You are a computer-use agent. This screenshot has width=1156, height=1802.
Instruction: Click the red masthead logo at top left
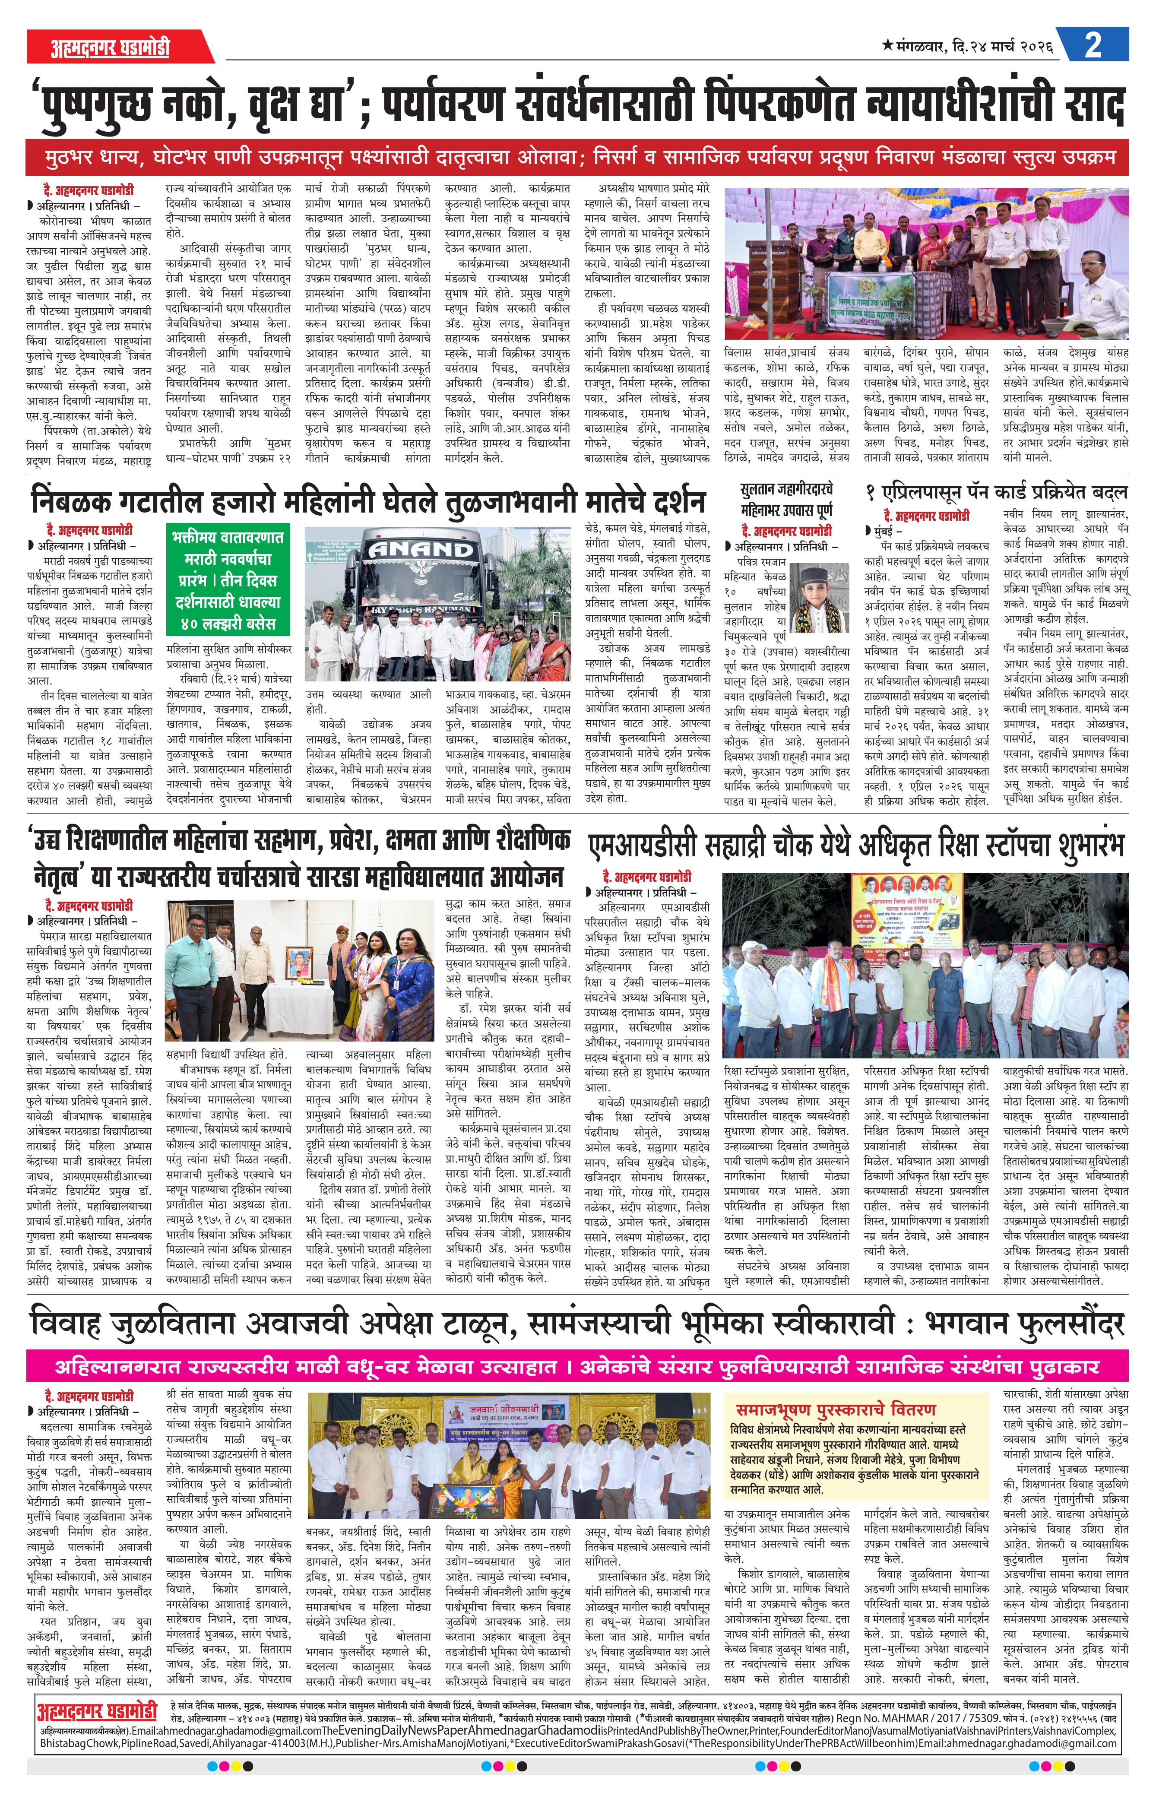coord(111,47)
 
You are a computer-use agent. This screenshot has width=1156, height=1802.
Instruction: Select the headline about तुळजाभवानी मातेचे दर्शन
coord(368,500)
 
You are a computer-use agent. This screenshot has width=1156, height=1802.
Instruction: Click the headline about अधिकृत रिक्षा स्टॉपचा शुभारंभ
coord(856,846)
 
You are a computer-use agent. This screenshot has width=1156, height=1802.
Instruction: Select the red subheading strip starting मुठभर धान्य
coord(576,159)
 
